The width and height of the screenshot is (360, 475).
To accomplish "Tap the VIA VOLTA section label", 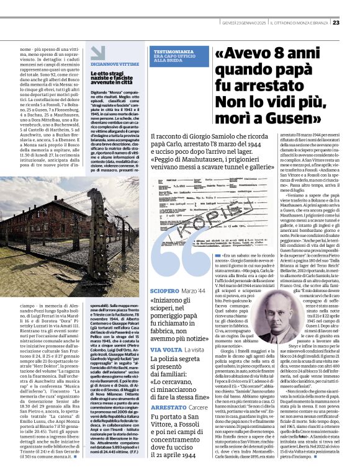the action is point(165,350).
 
